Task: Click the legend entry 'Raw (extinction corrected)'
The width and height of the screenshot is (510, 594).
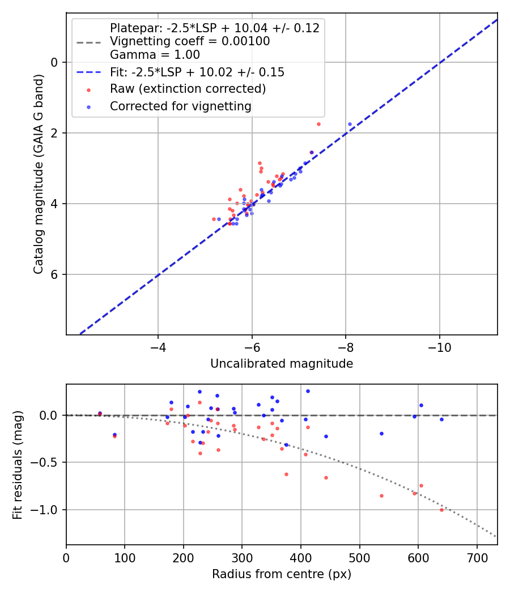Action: (x=188, y=89)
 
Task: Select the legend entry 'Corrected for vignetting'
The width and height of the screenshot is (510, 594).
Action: (x=180, y=106)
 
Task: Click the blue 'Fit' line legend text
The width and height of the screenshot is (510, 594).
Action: (x=197, y=72)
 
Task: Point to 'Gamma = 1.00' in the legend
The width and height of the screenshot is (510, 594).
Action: (x=155, y=55)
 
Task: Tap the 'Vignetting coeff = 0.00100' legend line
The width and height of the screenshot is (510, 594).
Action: (x=190, y=41)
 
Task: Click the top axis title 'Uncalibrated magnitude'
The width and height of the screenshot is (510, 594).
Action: (x=282, y=364)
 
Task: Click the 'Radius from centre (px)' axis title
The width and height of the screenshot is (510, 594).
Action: (x=282, y=574)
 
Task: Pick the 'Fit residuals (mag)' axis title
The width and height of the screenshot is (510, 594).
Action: (x=18, y=464)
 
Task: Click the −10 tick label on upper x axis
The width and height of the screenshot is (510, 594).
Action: (x=440, y=347)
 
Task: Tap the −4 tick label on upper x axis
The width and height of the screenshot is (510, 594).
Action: (x=158, y=347)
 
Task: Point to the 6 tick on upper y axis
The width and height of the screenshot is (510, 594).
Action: (x=55, y=274)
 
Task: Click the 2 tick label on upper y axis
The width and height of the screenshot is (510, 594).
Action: (x=55, y=133)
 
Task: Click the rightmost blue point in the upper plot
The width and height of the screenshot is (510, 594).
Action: (x=350, y=124)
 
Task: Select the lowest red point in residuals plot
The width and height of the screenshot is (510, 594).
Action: (x=441, y=510)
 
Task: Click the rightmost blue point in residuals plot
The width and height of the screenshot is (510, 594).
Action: (x=441, y=419)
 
